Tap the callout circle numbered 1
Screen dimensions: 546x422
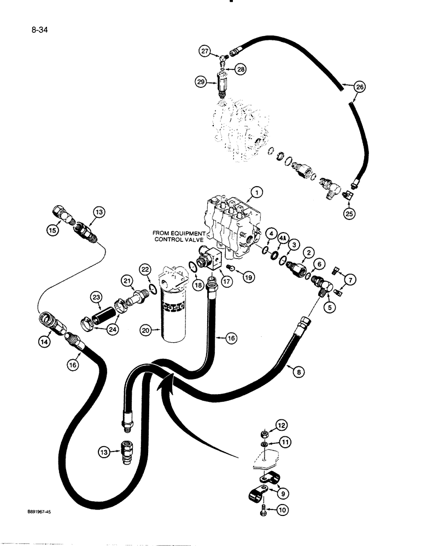tap(256, 192)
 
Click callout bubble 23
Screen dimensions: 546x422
tap(96, 297)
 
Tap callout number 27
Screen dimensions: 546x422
tap(204, 52)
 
